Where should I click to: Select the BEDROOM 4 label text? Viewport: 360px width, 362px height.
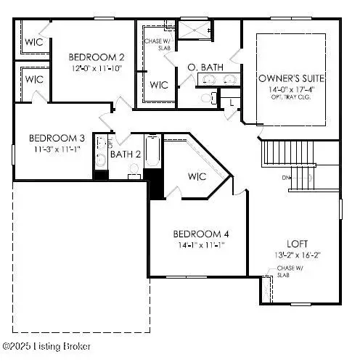[x=201, y=234]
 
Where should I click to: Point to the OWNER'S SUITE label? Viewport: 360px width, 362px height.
[x=291, y=78]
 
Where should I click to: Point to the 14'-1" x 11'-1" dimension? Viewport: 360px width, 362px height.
[x=201, y=245]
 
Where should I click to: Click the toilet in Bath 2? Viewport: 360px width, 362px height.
[x=134, y=171]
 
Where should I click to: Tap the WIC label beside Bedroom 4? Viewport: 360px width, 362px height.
[x=197, y=176]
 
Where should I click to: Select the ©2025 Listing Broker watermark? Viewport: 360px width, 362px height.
[x=46, y=347]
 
